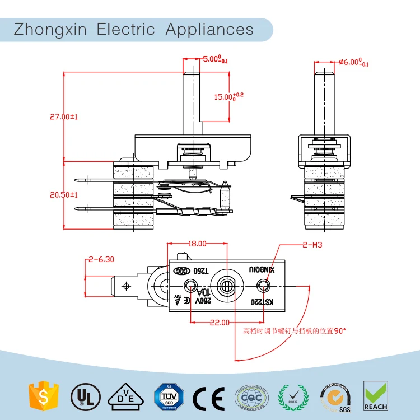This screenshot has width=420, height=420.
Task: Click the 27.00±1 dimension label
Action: (63, 117)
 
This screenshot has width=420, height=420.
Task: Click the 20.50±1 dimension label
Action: (63, 194)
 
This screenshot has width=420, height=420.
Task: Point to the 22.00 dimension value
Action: (219, 322)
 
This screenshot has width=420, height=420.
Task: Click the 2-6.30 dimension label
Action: (101, 259)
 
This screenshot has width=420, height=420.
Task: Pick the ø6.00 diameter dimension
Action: (354, 62)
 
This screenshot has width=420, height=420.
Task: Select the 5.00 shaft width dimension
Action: (215, 58)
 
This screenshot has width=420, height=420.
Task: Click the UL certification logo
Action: (83, 396)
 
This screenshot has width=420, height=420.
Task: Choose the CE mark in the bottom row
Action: (208, 397)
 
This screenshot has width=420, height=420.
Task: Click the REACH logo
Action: (375, 396)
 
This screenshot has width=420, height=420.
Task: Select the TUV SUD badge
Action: (166, 396)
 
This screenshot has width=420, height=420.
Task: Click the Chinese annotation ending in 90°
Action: (294, 330)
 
